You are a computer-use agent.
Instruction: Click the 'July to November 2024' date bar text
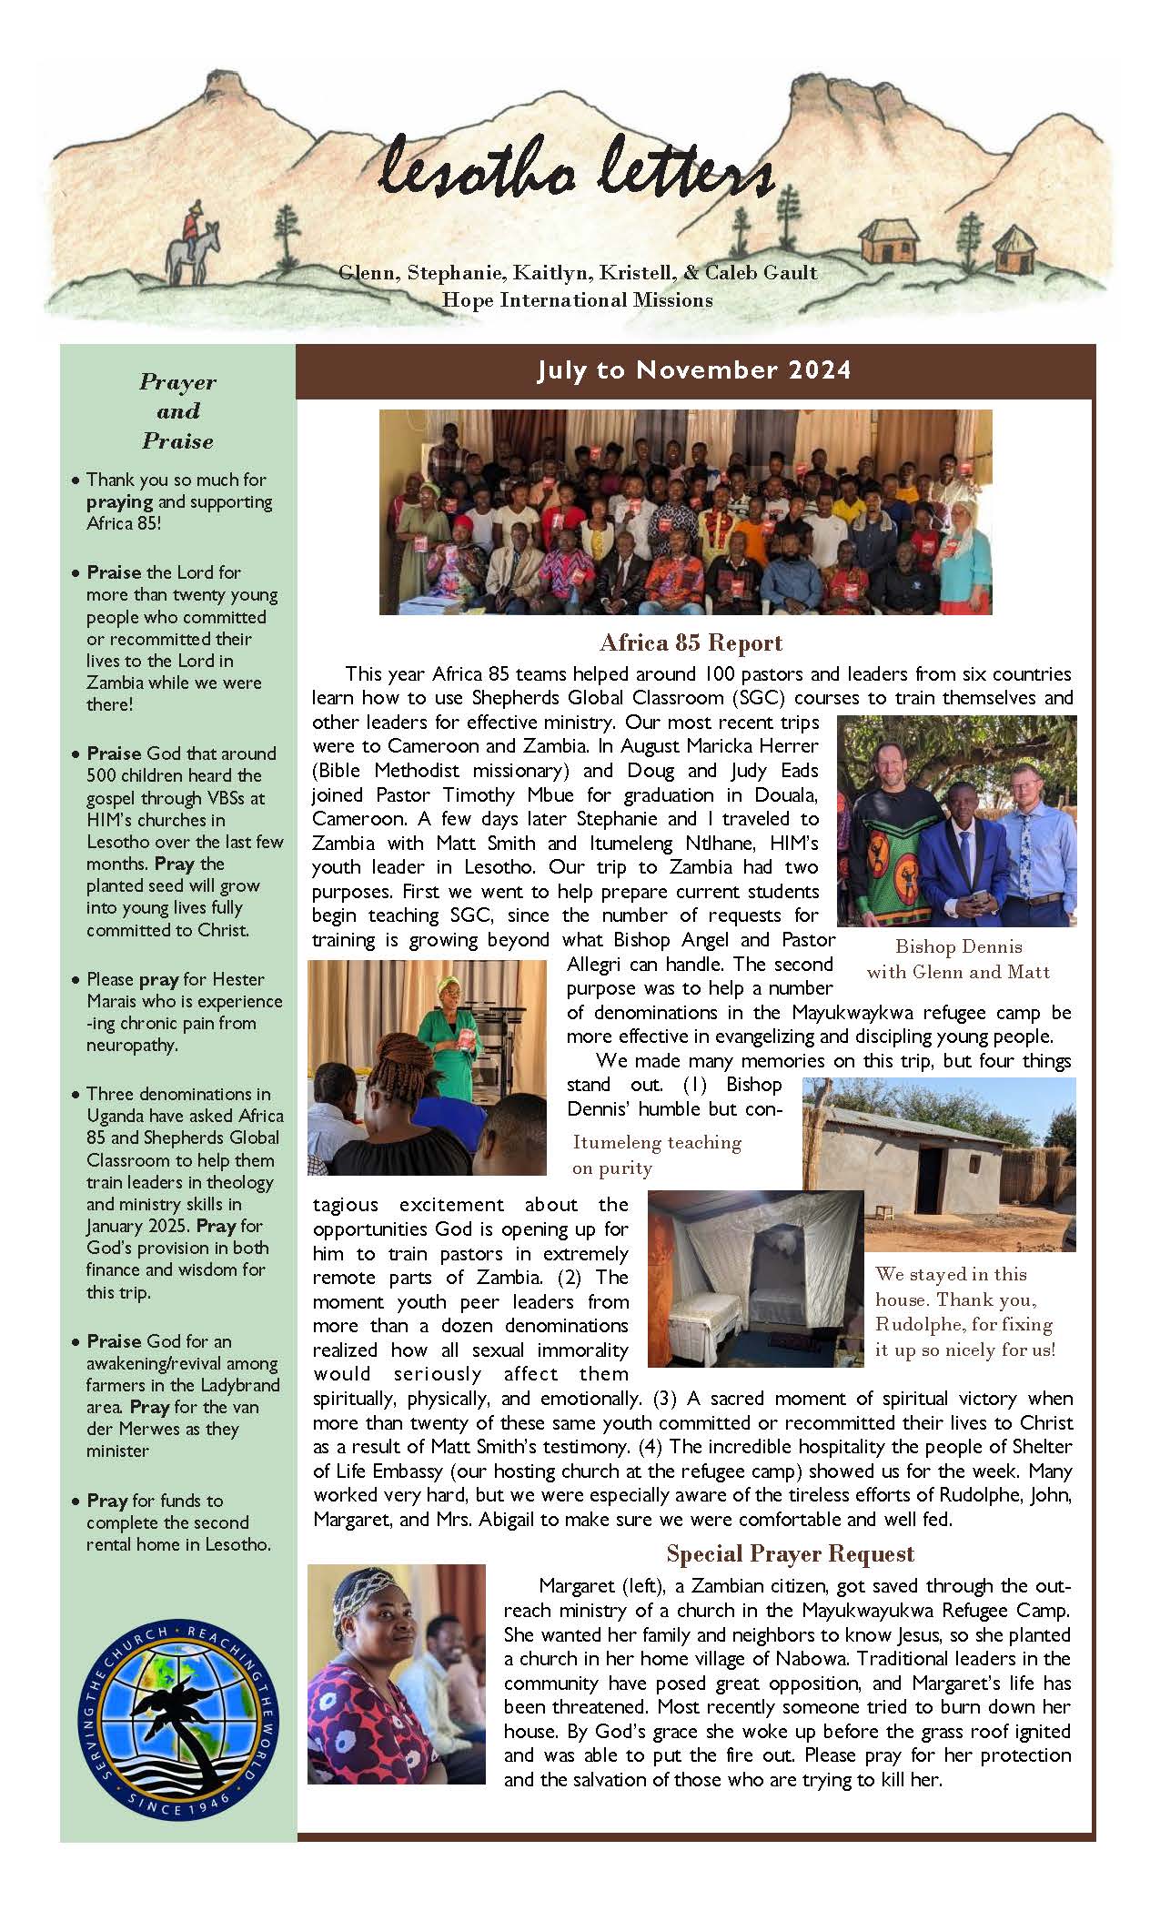[694, 370]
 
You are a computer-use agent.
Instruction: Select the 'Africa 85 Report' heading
[691, 643]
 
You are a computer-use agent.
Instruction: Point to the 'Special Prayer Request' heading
[790, 1553]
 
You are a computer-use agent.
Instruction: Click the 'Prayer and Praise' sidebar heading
[177, 411]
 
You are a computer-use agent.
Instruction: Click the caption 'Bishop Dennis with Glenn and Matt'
[958, 959]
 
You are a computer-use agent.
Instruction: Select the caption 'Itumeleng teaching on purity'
[656, 1155]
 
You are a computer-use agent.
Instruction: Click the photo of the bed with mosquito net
[755, 1278]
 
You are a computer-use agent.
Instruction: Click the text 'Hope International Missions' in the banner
[577, 300]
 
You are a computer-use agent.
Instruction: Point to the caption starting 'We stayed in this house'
[963, 1311]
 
